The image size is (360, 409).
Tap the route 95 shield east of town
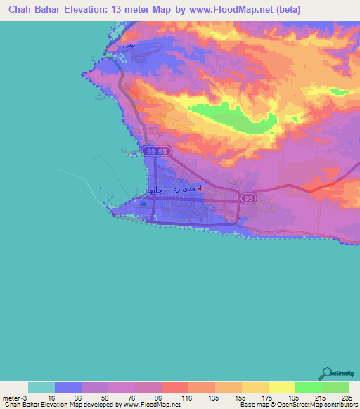coord(248,199)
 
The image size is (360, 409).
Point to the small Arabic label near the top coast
coord(127,46)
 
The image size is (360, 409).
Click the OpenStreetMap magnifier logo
coord(327,374)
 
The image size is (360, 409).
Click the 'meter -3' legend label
coord(14,398)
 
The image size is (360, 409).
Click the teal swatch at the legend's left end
coord(41,387)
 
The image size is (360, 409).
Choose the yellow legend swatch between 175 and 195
coord(281,387)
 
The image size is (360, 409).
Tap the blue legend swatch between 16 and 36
coord(67,387)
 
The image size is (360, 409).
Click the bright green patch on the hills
coord(225,116)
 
